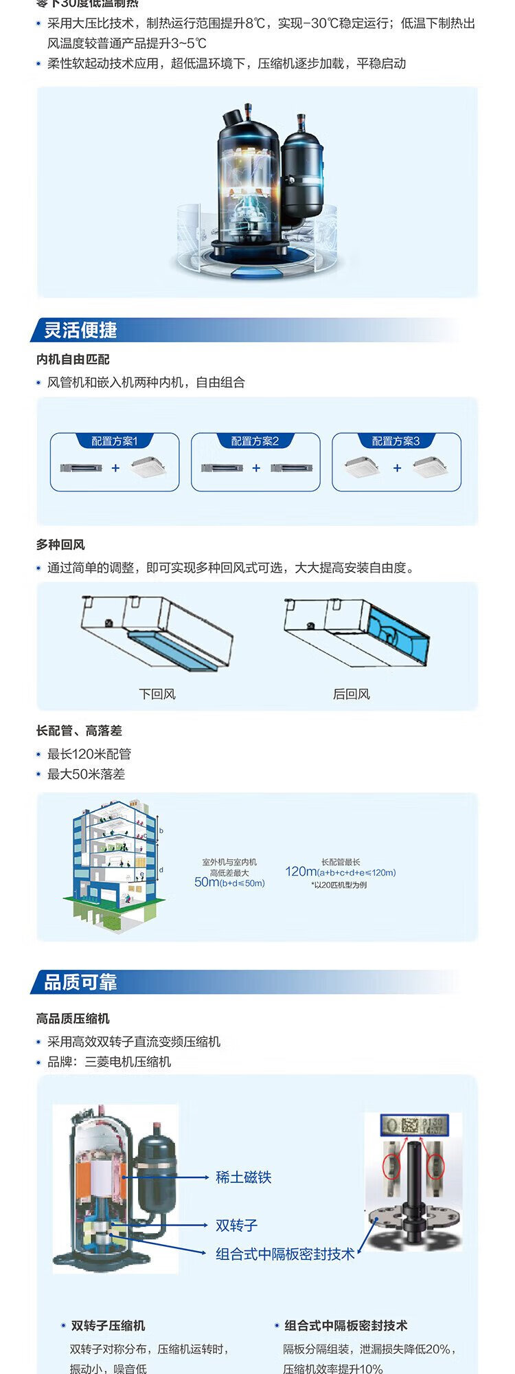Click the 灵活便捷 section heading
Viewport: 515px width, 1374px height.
coord(80,331)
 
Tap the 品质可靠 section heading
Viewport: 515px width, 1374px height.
coord(80,982)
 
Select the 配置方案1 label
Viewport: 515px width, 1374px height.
coord(115,441)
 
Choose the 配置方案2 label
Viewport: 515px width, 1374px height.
coord(255,441)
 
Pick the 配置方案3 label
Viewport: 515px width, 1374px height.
coord(396,441)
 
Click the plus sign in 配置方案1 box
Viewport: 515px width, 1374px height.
coord(115,468)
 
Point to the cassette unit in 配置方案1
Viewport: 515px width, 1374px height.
coord(148,467)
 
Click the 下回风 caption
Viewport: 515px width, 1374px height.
coord(157,694)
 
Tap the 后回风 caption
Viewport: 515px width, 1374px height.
coord(351,694)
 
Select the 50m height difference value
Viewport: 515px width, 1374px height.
coord(207,883)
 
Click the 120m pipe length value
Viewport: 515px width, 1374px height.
coord(300,872)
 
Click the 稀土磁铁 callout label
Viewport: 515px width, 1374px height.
coord(244,1177)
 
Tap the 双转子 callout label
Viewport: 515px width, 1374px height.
coord(236,1225)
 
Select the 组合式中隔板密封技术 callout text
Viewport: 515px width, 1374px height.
coord(285,1254)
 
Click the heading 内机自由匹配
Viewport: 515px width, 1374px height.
coord(73,359)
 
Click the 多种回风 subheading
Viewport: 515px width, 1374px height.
coord(60,545)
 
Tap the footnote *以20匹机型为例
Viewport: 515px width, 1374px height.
coord(339,885)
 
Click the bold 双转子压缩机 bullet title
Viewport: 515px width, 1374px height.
coord(108,1326)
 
